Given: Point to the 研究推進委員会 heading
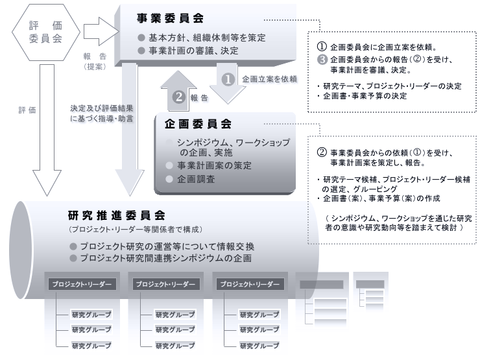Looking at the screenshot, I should (x=116, y=214).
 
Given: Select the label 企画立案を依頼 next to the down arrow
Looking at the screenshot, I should (x=269, y=79).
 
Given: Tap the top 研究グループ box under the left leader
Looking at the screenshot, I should (x=91, y=314).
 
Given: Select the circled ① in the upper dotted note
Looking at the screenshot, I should (x=320, y=45).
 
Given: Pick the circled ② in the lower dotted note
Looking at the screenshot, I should (x=320, y=152).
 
